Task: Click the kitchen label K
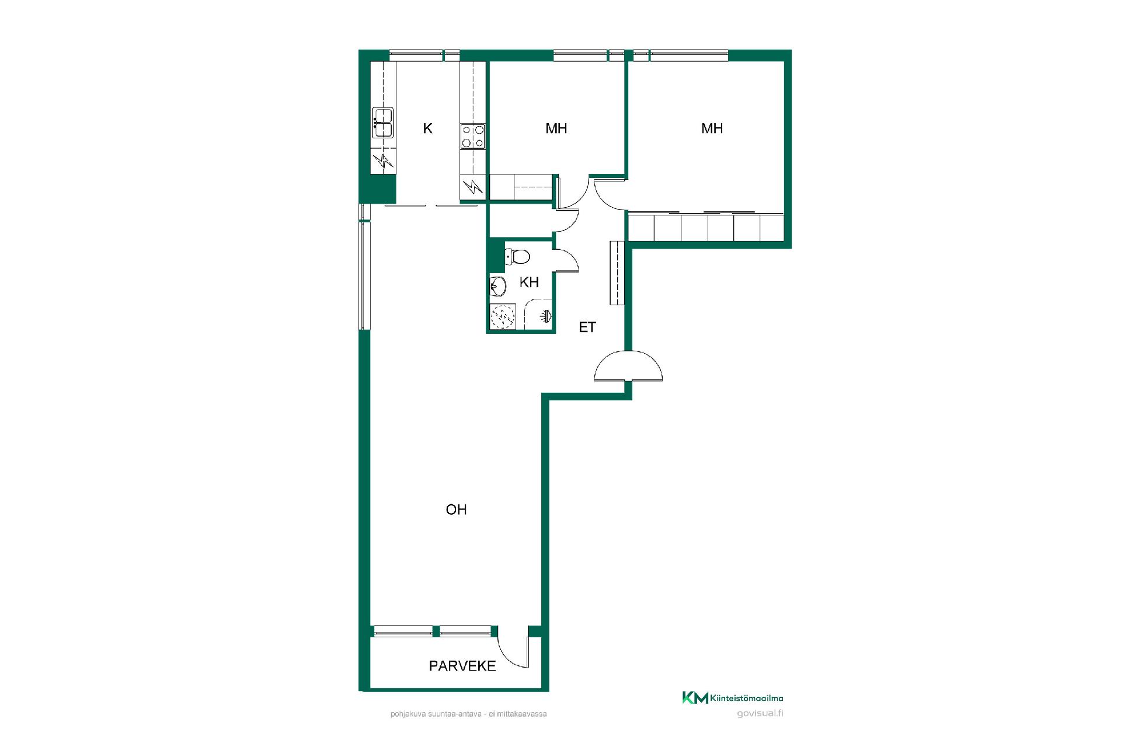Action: point(427,128)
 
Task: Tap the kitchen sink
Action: point(382,123)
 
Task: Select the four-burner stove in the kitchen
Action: point(472,137)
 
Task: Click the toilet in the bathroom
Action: point(517,256)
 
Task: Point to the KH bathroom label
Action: point(529,282)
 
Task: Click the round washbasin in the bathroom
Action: point(498,287)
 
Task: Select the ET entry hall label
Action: point(587,327)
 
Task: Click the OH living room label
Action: point(456,509)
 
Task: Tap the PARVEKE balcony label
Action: point(462,666)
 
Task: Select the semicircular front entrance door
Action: point(628,365)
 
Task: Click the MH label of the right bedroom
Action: point(712,128)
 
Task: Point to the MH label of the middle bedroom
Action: point(556,128)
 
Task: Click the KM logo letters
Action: point(695,697)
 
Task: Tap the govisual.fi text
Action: point(760,713)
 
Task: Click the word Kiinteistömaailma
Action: point(747,698)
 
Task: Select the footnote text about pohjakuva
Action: point(469,714)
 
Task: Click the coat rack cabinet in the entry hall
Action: point(618,273)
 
